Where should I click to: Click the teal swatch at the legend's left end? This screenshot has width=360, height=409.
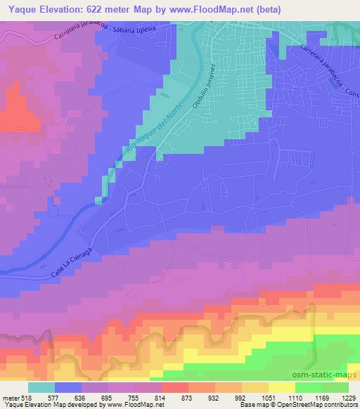[41, 387]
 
